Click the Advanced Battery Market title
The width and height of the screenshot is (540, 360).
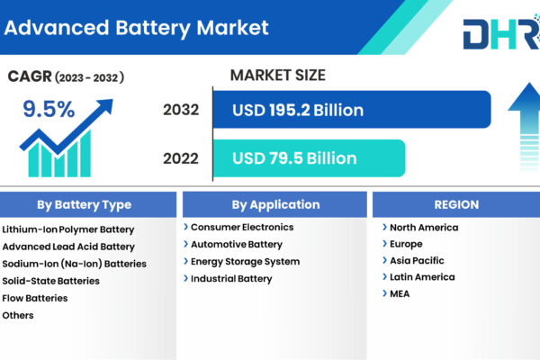pos(137,28)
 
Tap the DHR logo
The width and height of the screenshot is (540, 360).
pos(501,32)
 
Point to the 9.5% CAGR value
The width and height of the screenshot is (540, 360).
pos(49,109)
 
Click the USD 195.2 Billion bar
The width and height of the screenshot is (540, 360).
pos(352,110)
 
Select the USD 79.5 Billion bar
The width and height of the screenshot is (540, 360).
pos(310,158)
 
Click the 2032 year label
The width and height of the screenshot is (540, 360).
pos(181,110)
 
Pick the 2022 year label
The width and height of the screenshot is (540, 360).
pos(181,158)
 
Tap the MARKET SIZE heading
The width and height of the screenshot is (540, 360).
pos(277,75)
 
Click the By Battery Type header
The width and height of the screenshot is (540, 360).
pos(85,204)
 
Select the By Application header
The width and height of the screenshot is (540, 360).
pos(274,204)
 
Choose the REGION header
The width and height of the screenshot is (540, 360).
pos(456,204)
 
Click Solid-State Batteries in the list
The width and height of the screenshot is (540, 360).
pos(51,281)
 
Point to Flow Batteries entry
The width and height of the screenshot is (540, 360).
pos(35,298)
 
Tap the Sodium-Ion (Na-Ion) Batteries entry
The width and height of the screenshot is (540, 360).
pos(74,264)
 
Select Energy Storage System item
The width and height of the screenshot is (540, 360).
pos(245,262)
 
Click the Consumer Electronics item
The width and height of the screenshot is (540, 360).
pos(242,227)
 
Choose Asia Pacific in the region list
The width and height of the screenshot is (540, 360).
pos(417,260)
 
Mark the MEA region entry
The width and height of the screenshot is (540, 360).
pos(400,294)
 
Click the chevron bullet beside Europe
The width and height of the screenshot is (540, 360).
pos(384,244)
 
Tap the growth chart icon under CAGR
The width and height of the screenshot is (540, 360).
pos(66,138)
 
